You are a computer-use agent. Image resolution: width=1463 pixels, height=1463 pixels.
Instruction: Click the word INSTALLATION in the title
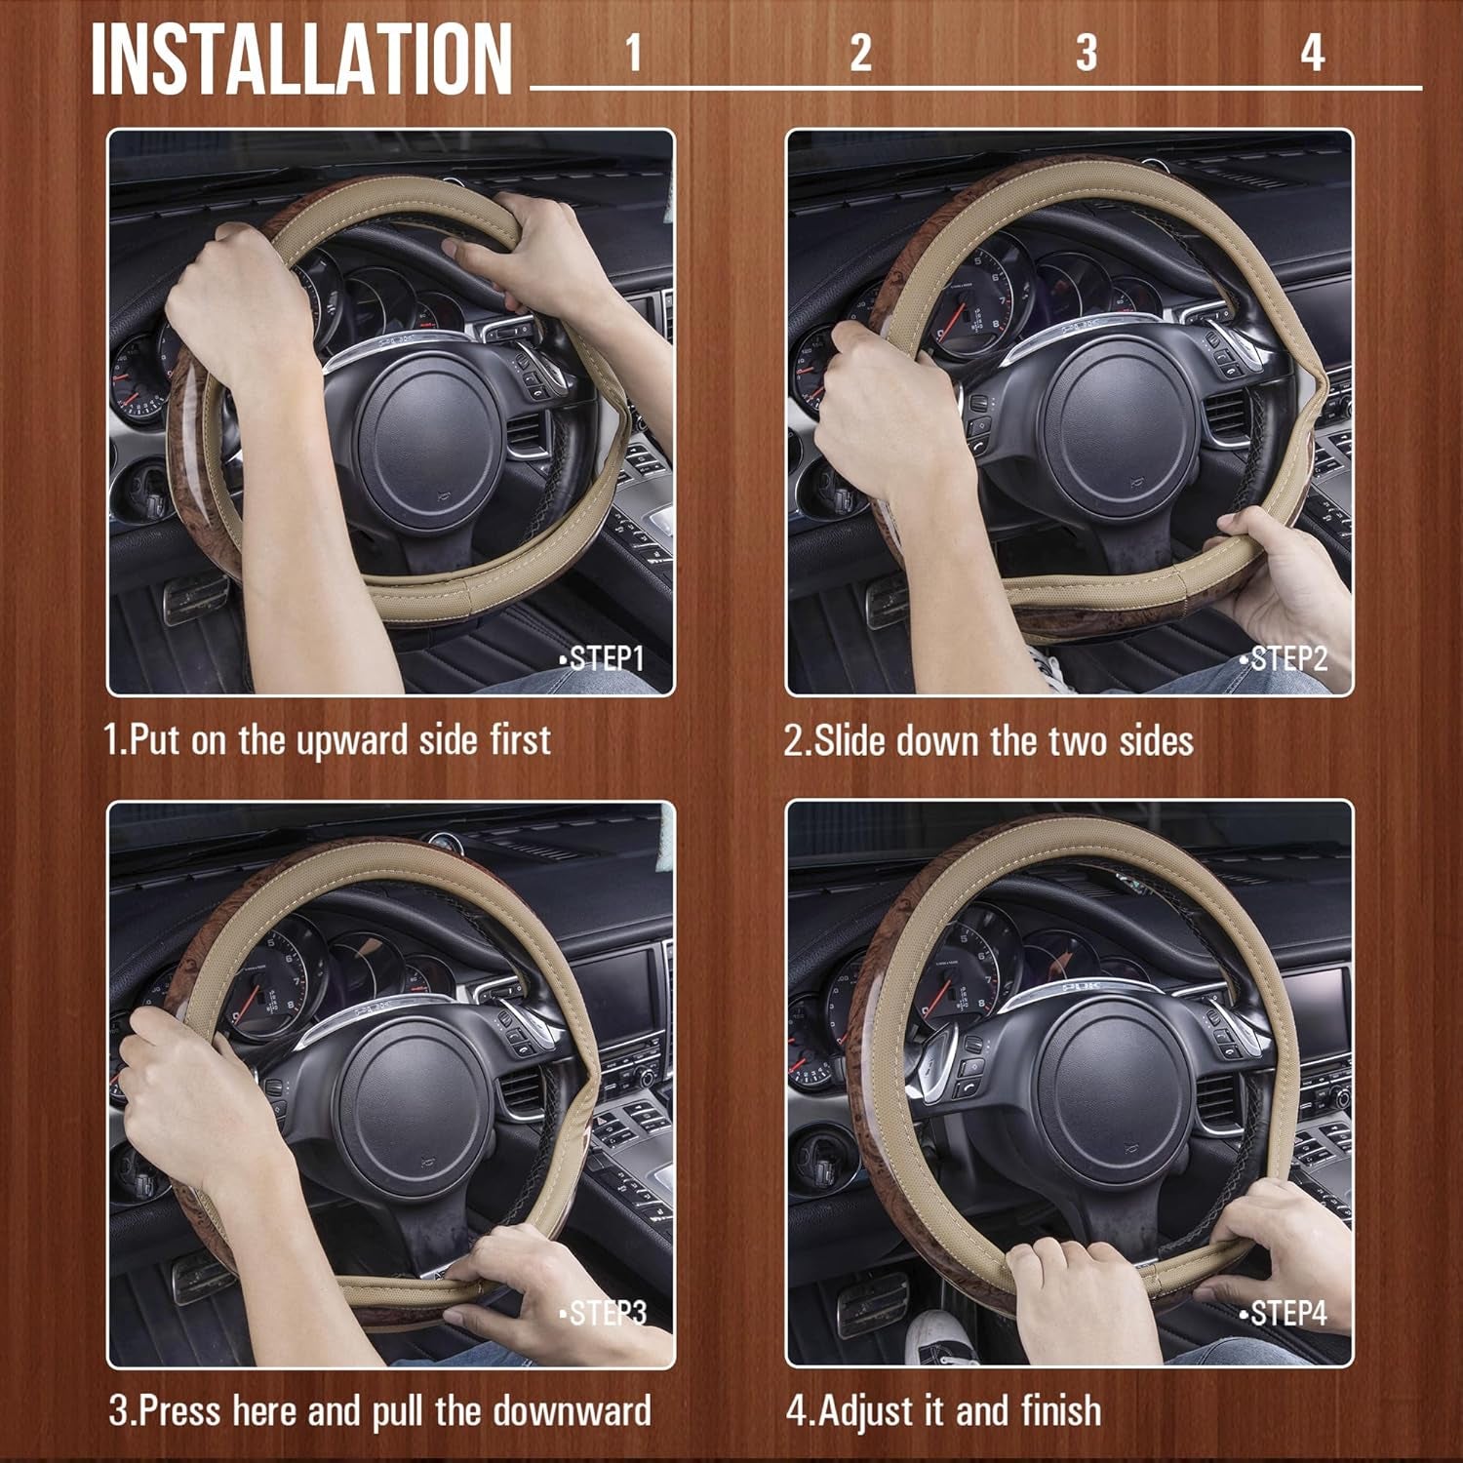tap(301, 59)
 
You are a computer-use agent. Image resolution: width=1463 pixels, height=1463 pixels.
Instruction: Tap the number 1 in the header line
tap(633, 53)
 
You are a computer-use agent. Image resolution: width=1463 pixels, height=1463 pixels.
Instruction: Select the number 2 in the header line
tap(859, 53)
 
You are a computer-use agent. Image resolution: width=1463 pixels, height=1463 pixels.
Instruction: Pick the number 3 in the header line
tap(1086, 53)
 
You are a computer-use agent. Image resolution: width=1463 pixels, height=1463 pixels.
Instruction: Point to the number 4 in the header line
tap(1312, 53)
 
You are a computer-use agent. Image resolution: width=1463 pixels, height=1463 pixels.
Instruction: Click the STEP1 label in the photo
tap(602, 659)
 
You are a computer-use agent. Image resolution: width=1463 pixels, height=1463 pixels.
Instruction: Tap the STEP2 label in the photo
tap(1284, 659)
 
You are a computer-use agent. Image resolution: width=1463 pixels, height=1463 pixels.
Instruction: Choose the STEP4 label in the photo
tap(1284, 1313)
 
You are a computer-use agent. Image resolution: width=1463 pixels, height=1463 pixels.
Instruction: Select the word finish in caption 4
tap(1062, 1411)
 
